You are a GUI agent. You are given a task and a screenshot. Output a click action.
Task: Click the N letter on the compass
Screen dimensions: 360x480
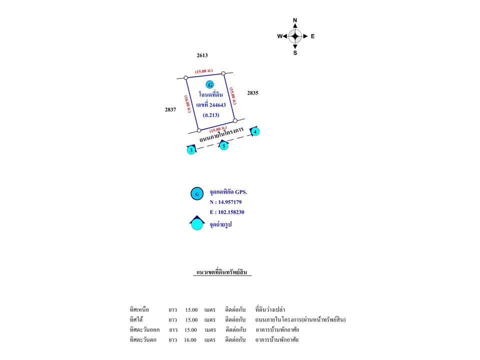click(295, 20)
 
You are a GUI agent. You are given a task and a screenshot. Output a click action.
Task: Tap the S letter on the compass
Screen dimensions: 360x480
click(295, 52)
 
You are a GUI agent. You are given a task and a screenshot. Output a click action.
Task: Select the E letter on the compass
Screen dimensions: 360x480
click(312, 36)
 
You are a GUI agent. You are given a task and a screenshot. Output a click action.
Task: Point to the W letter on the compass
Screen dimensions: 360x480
click(279, 36)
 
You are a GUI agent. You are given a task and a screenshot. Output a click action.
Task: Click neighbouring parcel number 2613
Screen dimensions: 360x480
click(202, 55)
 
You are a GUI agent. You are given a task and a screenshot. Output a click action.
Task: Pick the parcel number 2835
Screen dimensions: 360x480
click(252, 93)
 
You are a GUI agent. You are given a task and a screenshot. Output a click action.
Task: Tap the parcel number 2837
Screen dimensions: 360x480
click(170, 109)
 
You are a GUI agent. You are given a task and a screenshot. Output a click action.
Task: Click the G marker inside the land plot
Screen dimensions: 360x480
click(210, 85)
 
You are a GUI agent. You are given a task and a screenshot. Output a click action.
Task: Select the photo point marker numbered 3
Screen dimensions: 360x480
click(190, 150)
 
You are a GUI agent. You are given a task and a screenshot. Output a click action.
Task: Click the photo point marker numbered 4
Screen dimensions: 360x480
click(255, 132)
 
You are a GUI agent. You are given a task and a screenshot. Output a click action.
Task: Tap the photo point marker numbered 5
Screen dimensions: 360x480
click(223, 146)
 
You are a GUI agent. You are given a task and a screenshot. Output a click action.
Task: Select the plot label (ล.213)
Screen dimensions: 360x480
click(211, 115)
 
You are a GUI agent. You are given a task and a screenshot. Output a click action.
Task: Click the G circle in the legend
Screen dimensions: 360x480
click(197, 193)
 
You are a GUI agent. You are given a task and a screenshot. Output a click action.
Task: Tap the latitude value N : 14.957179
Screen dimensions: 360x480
click(225, 202)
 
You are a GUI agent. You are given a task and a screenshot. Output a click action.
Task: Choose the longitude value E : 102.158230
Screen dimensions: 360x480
click(227, 212)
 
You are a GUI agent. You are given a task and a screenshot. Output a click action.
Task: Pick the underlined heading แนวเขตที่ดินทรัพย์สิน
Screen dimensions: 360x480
click(223, 272)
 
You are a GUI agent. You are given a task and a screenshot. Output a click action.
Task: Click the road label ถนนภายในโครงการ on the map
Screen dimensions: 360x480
click(221, 135)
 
